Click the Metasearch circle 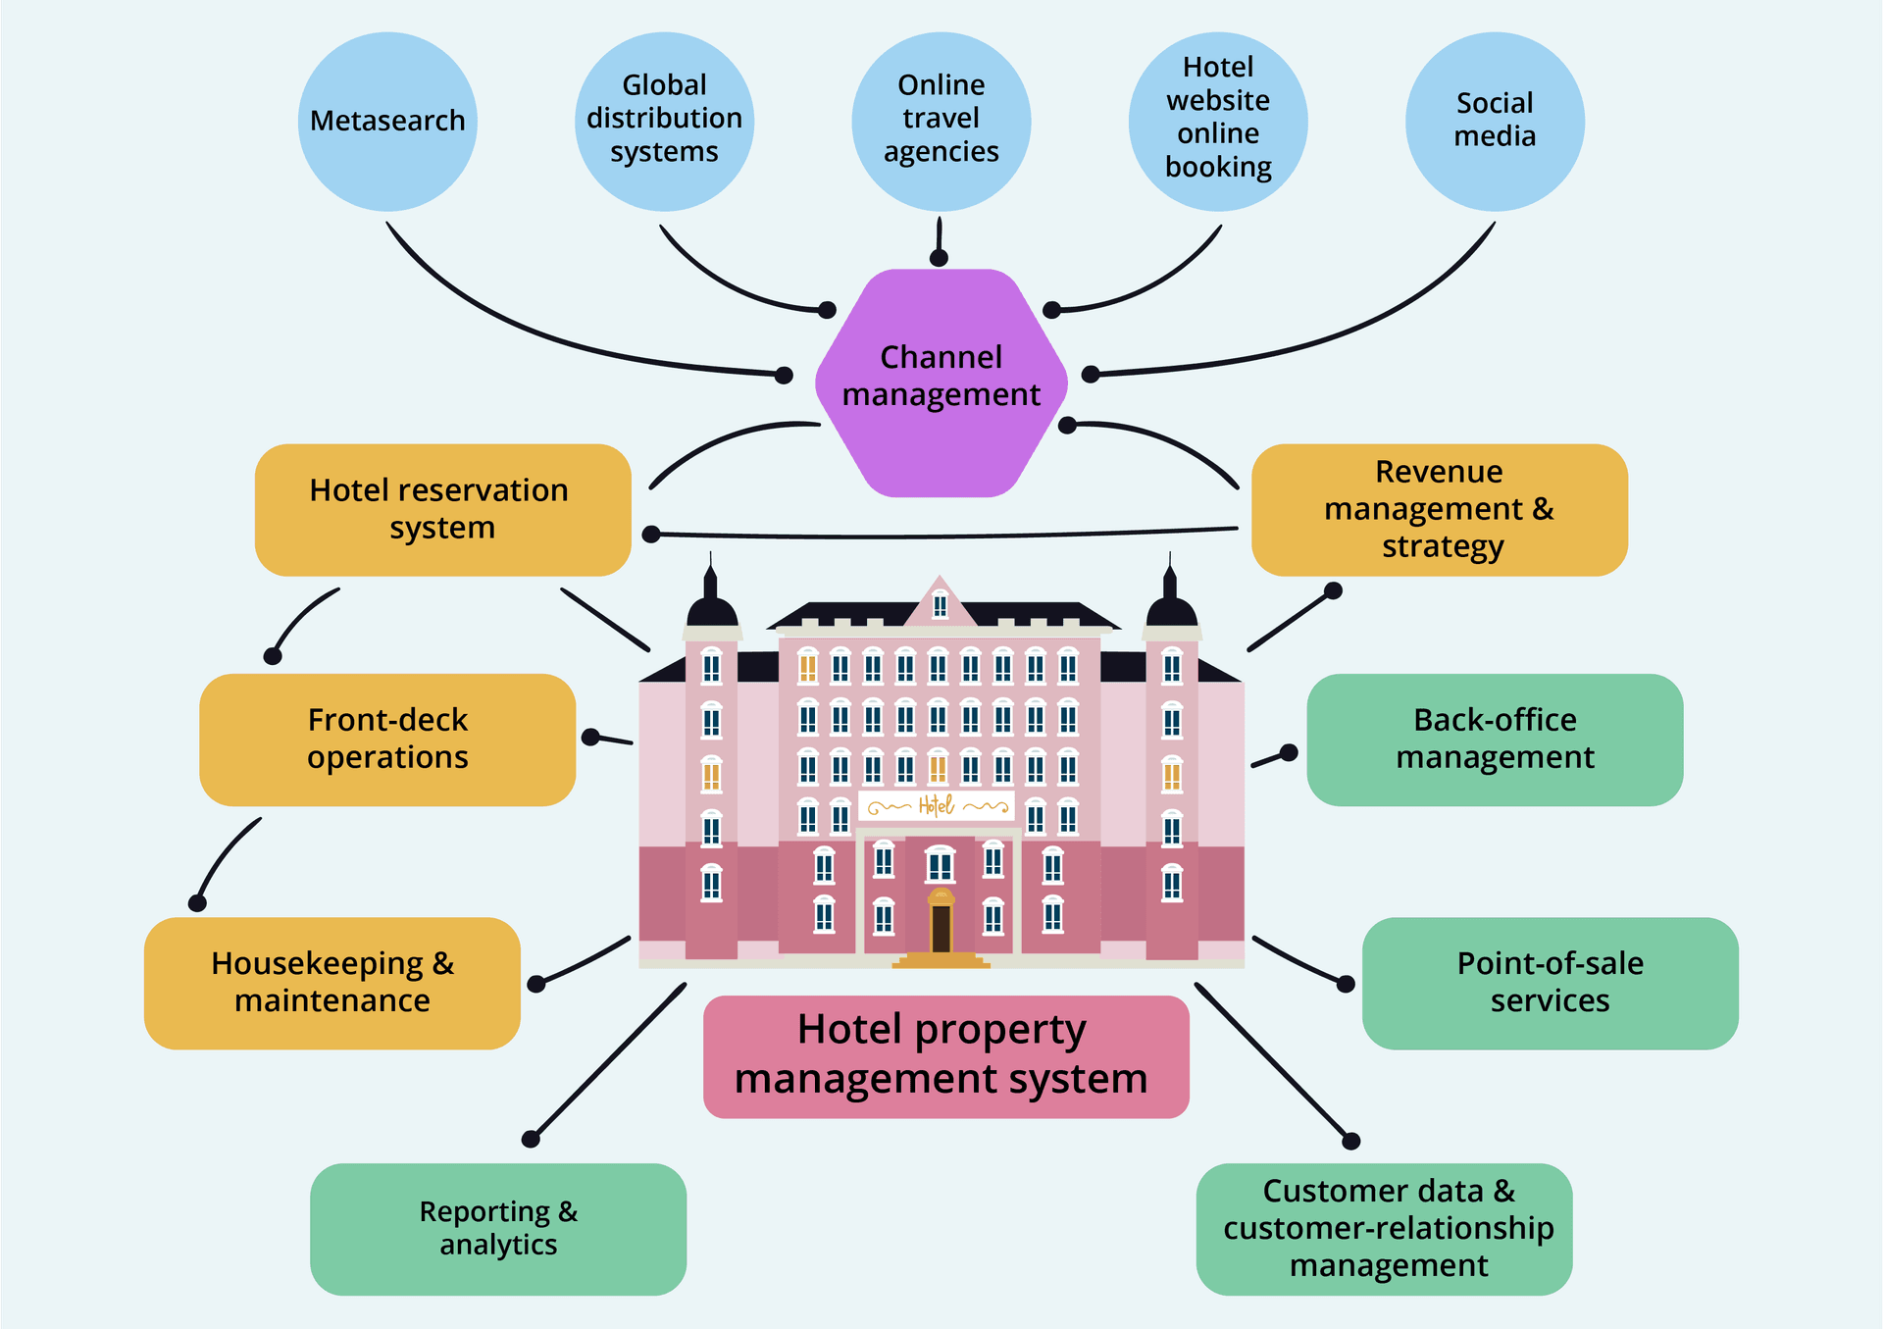coord(387,122)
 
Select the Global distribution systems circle coord(664,122)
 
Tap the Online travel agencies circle coord(941,122)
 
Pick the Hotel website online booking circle coord(1218,122)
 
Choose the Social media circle coord(1495,122)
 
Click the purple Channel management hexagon coord(941,383)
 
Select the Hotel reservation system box coord(442,510)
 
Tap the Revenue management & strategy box coord(1439,510)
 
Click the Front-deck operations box coord(387,740)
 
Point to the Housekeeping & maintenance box coord(332,983)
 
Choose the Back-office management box coord(1495,740)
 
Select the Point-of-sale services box coord(1550,983)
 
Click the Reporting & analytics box coord(498,1229)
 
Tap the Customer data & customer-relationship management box coord(1384,1229)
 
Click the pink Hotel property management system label coord(945,1056)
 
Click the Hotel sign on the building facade coord(938,806)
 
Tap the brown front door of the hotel coord(941,928)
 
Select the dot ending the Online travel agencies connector coord(939,258)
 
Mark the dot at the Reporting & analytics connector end coord(531,1139)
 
